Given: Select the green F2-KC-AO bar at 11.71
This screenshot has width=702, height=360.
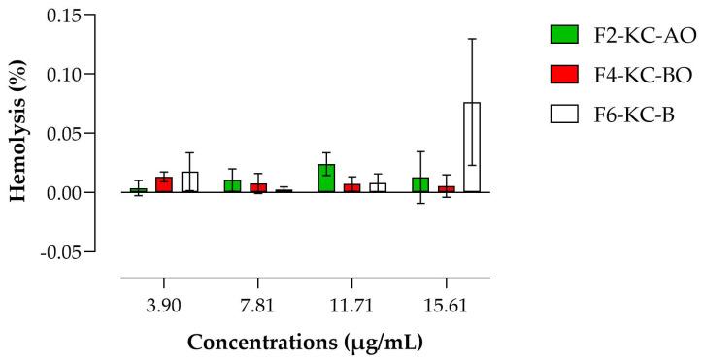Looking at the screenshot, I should pos(326,179).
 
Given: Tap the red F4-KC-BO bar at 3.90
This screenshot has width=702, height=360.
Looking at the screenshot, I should pos(164,184).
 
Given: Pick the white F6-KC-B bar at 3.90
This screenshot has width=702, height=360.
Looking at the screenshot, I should pos(189,182).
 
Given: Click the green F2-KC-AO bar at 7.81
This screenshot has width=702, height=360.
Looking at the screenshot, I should pos(232,186).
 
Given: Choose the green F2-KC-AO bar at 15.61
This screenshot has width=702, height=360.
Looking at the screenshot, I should pos(420,184).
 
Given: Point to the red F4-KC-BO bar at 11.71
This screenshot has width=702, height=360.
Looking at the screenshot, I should pos(351,188).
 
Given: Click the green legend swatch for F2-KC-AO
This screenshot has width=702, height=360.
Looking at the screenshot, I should pos(563,35).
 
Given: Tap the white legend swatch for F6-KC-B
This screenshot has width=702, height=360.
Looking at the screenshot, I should pos(563,114).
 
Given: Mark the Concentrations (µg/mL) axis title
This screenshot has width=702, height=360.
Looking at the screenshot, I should pos(305,343).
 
